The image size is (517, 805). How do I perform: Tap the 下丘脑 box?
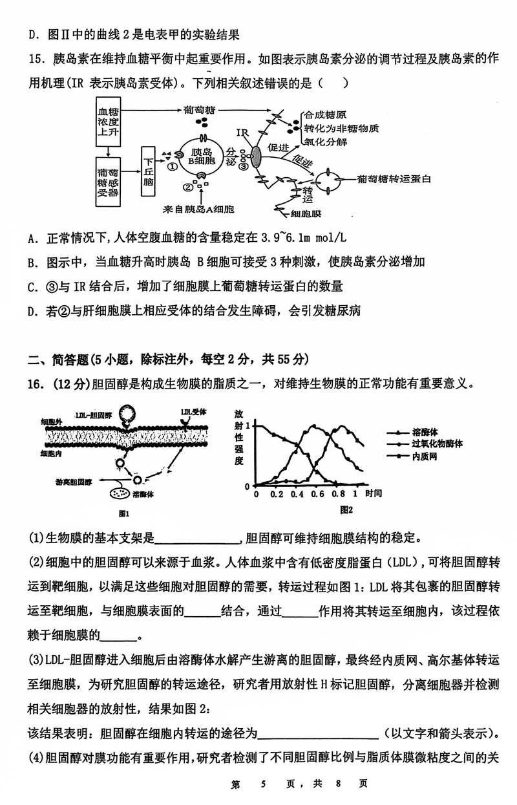pos(149,171)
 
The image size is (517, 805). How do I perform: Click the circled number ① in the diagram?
pos(173,166)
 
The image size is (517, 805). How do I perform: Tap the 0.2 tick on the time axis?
pos(277,494)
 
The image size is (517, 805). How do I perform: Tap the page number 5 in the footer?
pos(264,784)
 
